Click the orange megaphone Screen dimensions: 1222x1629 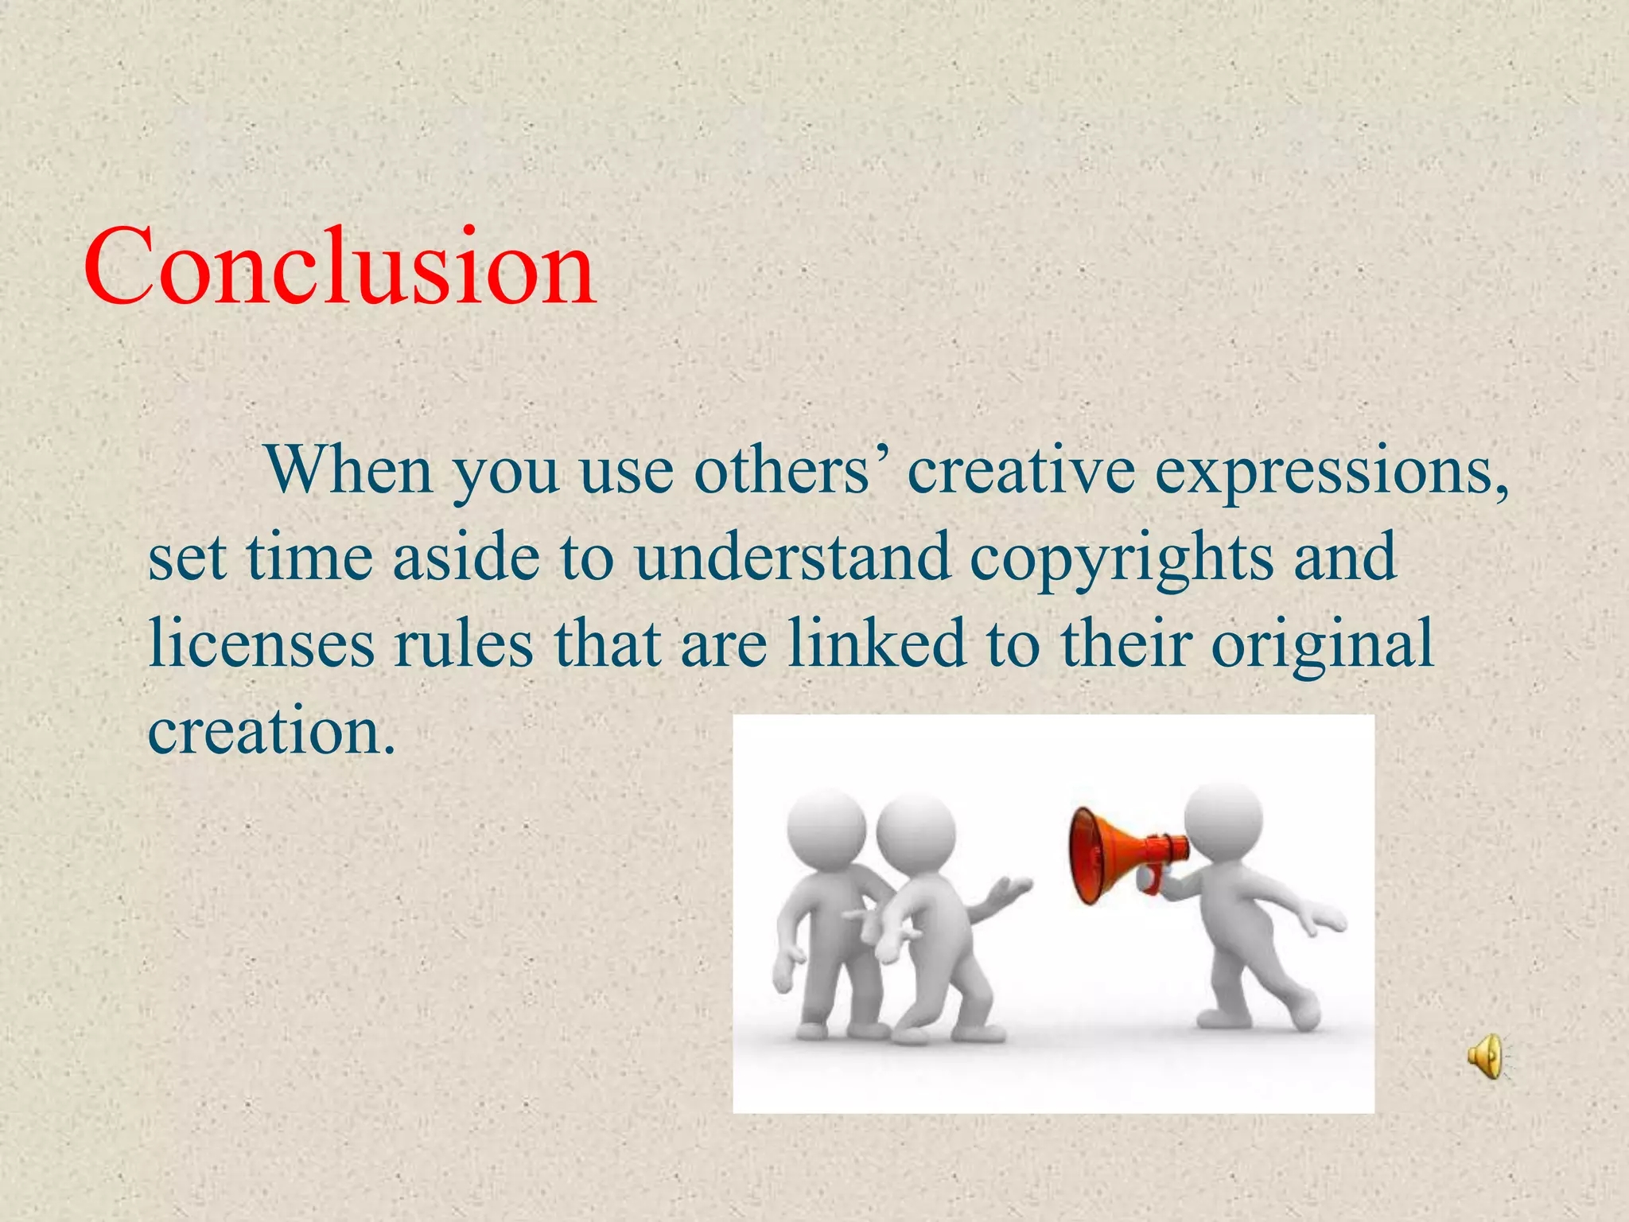click(x=1118, y=856)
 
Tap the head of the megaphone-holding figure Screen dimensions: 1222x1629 click(x=1223, y=821)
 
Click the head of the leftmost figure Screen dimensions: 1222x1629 click(x=826, y=827)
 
